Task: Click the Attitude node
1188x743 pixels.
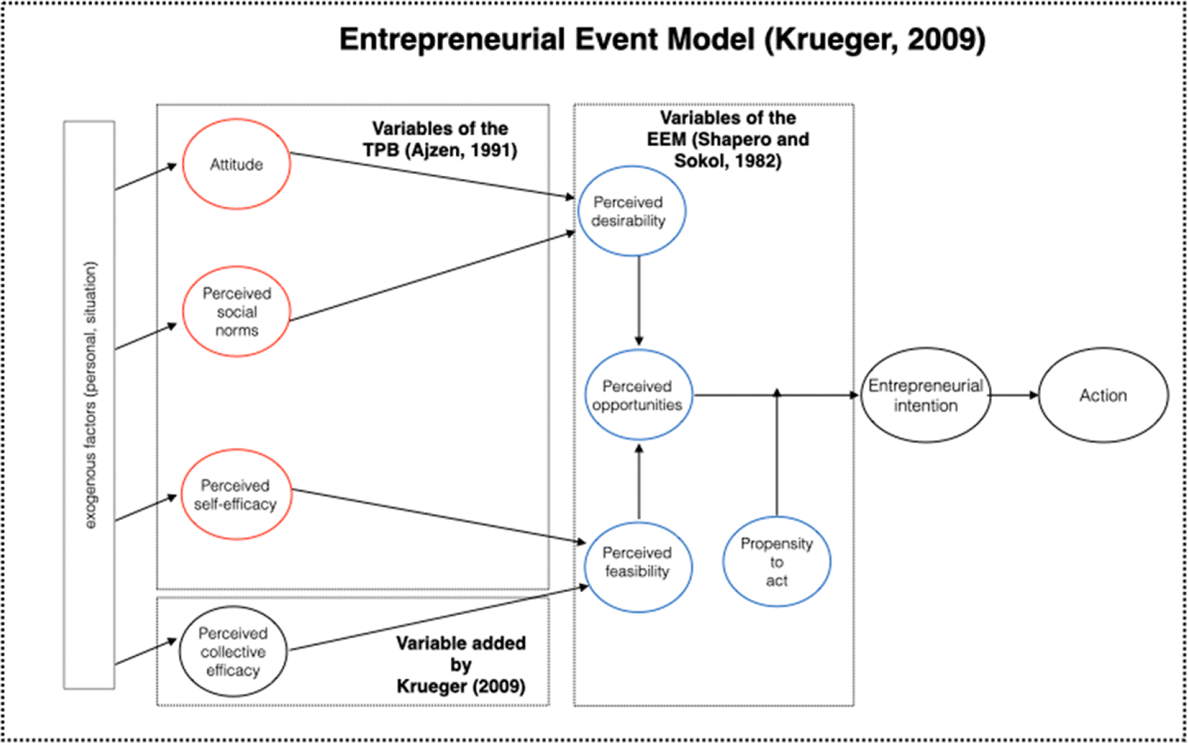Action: tap(236, 165)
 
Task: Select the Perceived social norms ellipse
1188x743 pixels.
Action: tap(236, 312)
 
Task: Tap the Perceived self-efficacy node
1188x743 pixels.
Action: tap(236, 494)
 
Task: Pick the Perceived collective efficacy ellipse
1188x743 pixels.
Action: tap(232, 652)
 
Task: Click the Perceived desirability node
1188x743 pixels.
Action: tap(631, 211)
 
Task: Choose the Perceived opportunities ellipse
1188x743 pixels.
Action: tap(638, 395)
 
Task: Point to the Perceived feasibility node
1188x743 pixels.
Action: tap(638, 566)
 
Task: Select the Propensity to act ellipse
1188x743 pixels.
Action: tap(776, 562)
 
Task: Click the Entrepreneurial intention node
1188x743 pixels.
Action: tap(925, 395)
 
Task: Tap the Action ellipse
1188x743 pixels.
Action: tap(1103, 395)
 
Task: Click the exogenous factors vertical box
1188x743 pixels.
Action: tap(89, 405)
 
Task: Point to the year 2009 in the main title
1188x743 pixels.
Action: tap(942, 40)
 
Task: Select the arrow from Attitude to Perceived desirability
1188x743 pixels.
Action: tap(431, 175)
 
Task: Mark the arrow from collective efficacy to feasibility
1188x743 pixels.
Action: tap(438, 619)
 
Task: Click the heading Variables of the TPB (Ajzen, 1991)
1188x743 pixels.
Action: tap(440, 139)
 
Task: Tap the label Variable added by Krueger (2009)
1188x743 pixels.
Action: tap(460, 665)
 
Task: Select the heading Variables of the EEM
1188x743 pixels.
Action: tap(728, 139)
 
